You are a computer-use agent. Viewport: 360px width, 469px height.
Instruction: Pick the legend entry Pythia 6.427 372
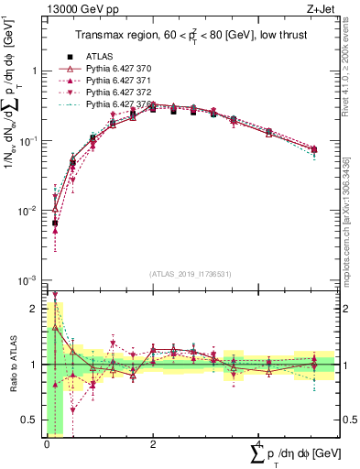pyautogui.click(x=124, y=93)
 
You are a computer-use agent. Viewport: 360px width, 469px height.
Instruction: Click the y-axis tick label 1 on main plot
pyautogui.click(x=34, y=71)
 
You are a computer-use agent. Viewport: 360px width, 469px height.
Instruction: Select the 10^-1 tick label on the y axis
pyautogui.click(x=27, y=140)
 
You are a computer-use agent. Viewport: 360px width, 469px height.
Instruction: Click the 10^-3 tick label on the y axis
pyautogui.click(x=27, y=279)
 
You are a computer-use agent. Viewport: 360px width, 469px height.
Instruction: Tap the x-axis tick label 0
pyautogui.click(x=47, y=443)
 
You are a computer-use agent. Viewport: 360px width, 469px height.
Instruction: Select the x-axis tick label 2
pyautogui.click(x=152, y=443)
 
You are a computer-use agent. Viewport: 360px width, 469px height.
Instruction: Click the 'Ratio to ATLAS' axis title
pyautogui.click(x=11, y=364)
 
